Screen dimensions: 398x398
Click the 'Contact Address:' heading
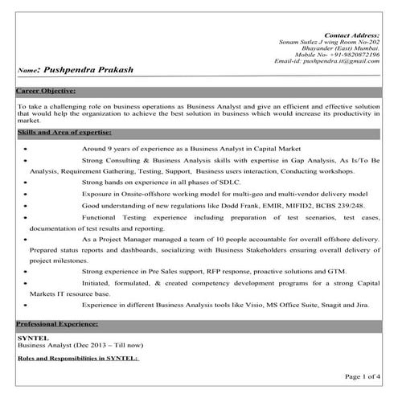tap(351, 35)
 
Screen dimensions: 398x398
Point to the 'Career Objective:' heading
tap(46, 91)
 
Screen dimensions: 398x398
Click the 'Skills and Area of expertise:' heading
tap(64, 131)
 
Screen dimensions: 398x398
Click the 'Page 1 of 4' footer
tap(363, 375)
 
